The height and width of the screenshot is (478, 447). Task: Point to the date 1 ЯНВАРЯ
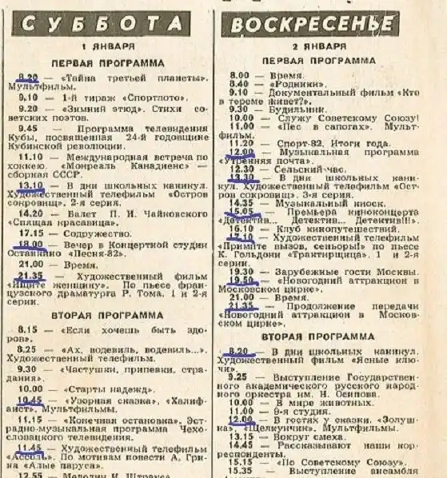pyautogui.click(x=108, y=46)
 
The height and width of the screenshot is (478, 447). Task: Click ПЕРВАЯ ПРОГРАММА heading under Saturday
pyautogui.click(x=108, y=62)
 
